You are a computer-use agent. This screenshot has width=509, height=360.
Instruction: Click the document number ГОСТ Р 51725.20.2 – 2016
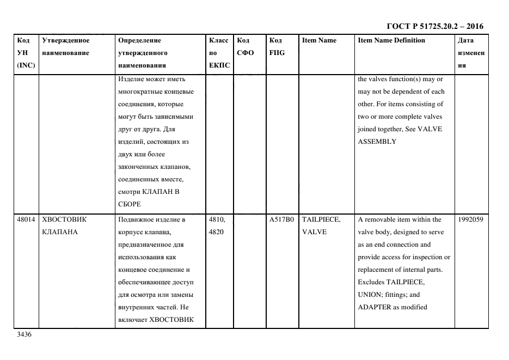click(434, 26)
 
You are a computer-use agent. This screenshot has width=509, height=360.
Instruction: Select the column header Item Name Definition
click(391, 40)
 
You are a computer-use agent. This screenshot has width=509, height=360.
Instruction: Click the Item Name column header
click(319, 40)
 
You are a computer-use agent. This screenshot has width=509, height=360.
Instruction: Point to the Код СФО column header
click(244, 47)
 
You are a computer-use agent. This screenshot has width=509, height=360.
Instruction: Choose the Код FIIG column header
click(276, 47)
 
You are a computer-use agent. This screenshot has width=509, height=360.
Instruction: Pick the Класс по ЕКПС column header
click(219, 53)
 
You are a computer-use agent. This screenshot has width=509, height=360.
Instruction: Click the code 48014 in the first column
click(26, 219)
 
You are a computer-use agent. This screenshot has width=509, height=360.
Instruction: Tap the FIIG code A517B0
click(281, 219)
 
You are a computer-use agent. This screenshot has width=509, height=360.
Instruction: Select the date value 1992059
click(470, 219)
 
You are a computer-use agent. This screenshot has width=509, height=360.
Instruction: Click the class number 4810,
click(218, 219)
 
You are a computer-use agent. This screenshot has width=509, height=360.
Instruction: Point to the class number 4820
click(216, 232)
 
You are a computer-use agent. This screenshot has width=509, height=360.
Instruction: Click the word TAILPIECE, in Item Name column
click(321, 219)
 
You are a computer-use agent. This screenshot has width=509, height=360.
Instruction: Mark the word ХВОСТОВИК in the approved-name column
click(64, 219)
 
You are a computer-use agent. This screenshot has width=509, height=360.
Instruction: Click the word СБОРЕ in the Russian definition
click(129, 204)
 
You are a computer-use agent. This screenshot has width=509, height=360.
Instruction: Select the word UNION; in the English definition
click(370, 295)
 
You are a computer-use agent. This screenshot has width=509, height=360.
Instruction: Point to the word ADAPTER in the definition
click(373, 307)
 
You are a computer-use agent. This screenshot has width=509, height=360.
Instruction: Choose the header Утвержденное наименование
click(66, 47)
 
